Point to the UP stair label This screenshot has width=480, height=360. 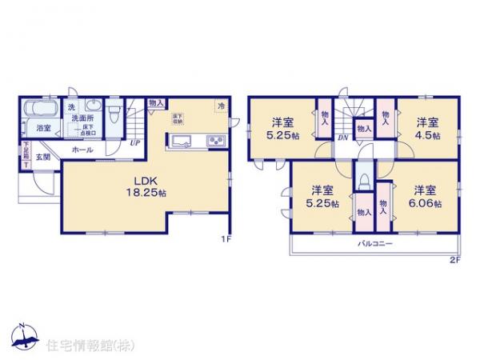point(135,144)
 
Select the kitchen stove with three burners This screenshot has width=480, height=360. point(217,142)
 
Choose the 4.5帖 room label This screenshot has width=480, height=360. point(426,129)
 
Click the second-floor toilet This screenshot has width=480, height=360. point(364,178)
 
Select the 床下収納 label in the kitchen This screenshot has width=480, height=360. point(177,119)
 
